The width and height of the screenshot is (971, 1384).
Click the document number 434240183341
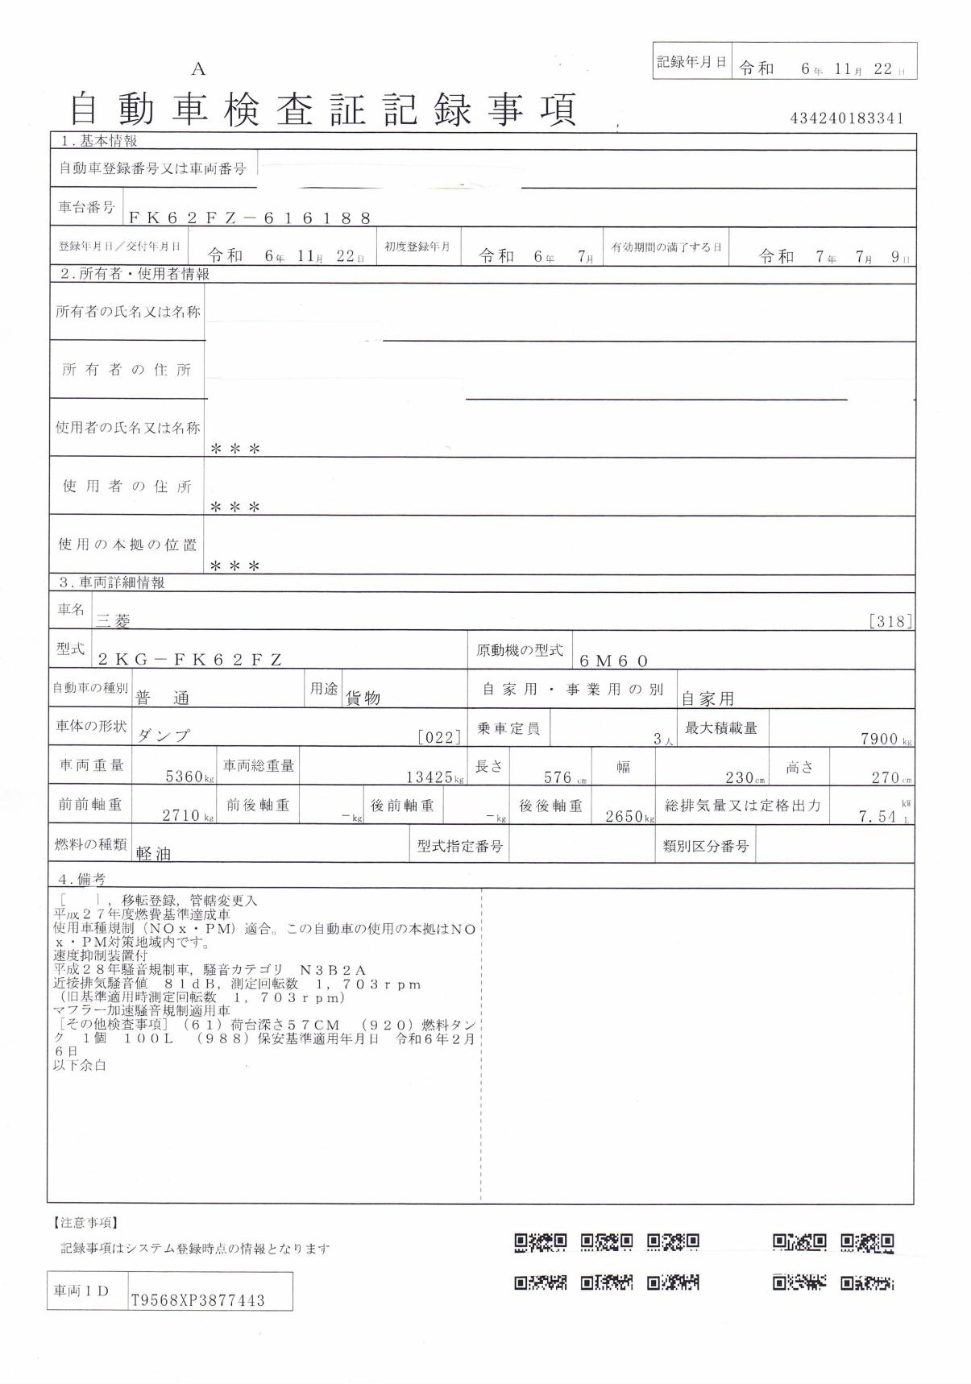click(x=847, y=118)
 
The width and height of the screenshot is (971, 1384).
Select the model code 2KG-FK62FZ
click(x=190, y=659)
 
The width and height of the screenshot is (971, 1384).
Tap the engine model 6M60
click(x=614, y=661)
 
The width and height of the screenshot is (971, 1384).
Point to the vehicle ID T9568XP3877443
click(x=197, y=1300)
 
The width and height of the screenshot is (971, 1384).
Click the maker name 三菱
click(x=113, y=620)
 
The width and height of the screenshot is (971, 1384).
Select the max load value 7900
click(x=880, y=739)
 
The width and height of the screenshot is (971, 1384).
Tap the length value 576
click(x=558, y=777)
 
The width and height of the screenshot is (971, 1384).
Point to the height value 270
click(x=885, y=777)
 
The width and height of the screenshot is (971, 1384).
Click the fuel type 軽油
click(x=154, y=854)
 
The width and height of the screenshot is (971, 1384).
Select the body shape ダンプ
click(x=164, y=736)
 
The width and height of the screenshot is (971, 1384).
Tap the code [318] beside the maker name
click(x=890, y=620)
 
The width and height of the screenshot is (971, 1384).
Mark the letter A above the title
click(x=198, y=70)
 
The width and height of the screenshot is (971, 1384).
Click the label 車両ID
click(x=81, y=1291)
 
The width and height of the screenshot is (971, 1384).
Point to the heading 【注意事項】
click(x=86, y=1223)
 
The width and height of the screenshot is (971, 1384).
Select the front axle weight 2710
click(x=181, y=815)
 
